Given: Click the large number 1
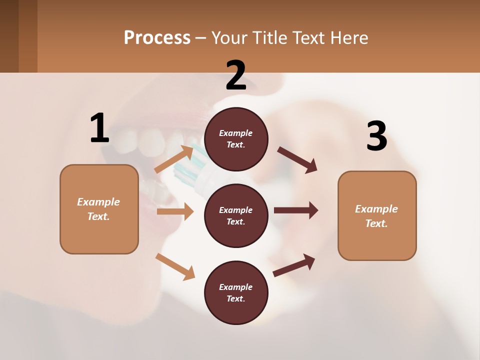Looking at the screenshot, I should pyautogui.click(x=99, y=128).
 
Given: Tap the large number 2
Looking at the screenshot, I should pyautogui.click(x=236, y=75).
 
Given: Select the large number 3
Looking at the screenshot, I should pyautogui.click(x=376, y=136).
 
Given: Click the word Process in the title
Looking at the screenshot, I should pyautogui.click(x=157, y=37).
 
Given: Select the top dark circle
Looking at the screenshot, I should pyautogui.click(x=236, y=139).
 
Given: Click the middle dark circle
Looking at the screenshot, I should pyautogui.click(x=236, y=215).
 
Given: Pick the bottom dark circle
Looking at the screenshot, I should pyautogui.click(x=236, y=292).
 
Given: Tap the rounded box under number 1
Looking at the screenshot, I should pyautogui.click(x=99, y=209).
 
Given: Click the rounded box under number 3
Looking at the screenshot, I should pyautogui.click(x=377, y=215).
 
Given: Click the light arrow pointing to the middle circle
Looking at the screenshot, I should pyautogui.click(x=175, y=211).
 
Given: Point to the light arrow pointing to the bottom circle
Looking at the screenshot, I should pyautogui.click(x=175, y=266).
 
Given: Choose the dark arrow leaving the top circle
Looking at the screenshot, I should pyautogui.click(x=297, y=159).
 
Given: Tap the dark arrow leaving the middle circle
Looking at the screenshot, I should pyautogui.click(x=295, y=210).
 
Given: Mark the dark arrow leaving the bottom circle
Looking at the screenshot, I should pyautogui.click(x=294, y=264).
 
